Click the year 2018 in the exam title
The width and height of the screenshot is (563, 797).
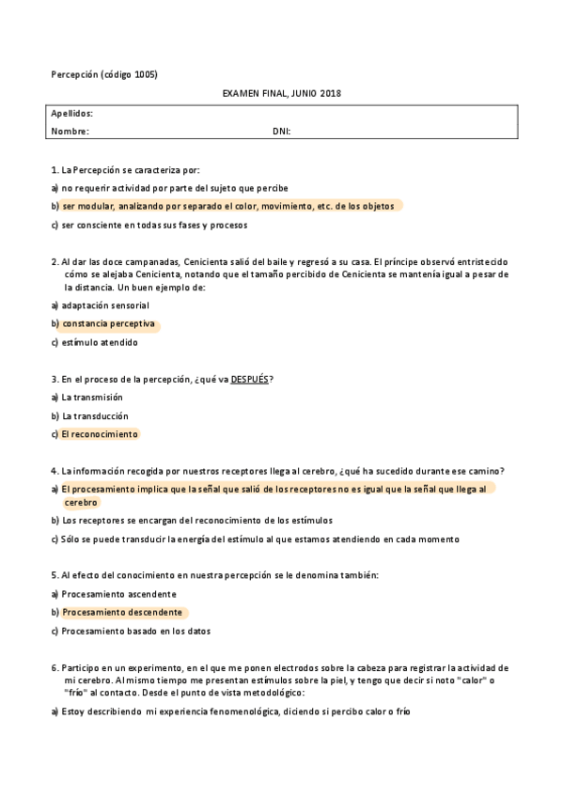pos(330,94)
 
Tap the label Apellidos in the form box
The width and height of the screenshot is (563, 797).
pos(71,114)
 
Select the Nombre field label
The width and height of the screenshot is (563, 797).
pos(70,132)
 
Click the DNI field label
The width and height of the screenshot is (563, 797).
pos(281,132)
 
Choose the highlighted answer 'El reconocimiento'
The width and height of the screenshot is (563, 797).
pos(100,434)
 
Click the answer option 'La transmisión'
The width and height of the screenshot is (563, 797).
pos(92,398)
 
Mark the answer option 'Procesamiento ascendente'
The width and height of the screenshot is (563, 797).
pos(118,594)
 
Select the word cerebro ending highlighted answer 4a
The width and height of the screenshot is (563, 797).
pos(81,503)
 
